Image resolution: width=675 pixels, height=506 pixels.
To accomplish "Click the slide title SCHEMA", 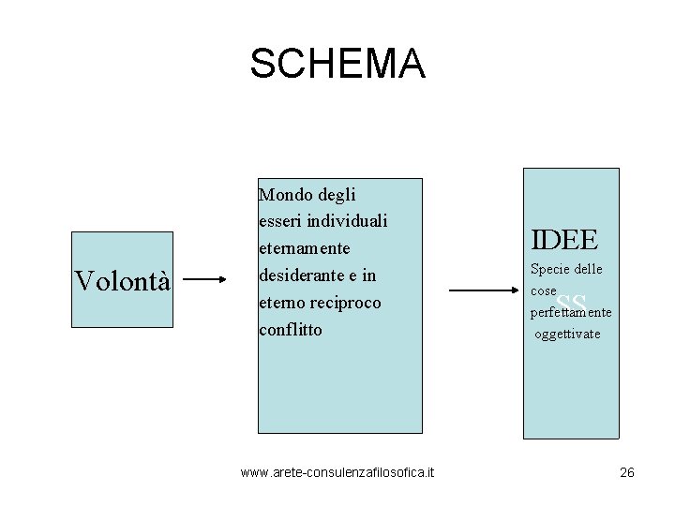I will (x=337, y=64).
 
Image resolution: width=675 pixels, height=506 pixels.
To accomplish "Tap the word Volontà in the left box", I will (x=123, y=280).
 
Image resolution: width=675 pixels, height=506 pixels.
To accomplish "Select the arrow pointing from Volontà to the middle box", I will (x=205, y=279).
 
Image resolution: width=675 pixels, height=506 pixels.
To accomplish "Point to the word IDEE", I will (x=564, y=241).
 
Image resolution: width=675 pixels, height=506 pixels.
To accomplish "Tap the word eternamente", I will (x=304, y=249).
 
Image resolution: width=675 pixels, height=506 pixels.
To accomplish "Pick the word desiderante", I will (x=303, y=276).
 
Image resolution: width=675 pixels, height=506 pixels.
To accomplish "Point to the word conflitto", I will (x=291, y=330).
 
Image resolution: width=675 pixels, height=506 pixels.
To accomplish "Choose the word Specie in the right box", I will (x=550, y=270).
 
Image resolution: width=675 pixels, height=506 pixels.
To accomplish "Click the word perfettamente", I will (x=571, y=312).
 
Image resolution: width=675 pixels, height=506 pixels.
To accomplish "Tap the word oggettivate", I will (x=567, y=334).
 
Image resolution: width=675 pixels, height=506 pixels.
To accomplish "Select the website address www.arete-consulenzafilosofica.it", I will (x=337, y=472).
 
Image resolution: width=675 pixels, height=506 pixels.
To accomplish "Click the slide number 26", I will (x=627, y=472).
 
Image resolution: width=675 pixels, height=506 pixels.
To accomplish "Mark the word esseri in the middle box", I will (x=282, y=222).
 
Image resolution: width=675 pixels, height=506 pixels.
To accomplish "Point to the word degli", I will (x=335, y=195).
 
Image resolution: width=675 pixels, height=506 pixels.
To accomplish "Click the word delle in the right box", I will (x=589, y=270).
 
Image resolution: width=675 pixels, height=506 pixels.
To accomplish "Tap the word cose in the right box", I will (x=544, y=291).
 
